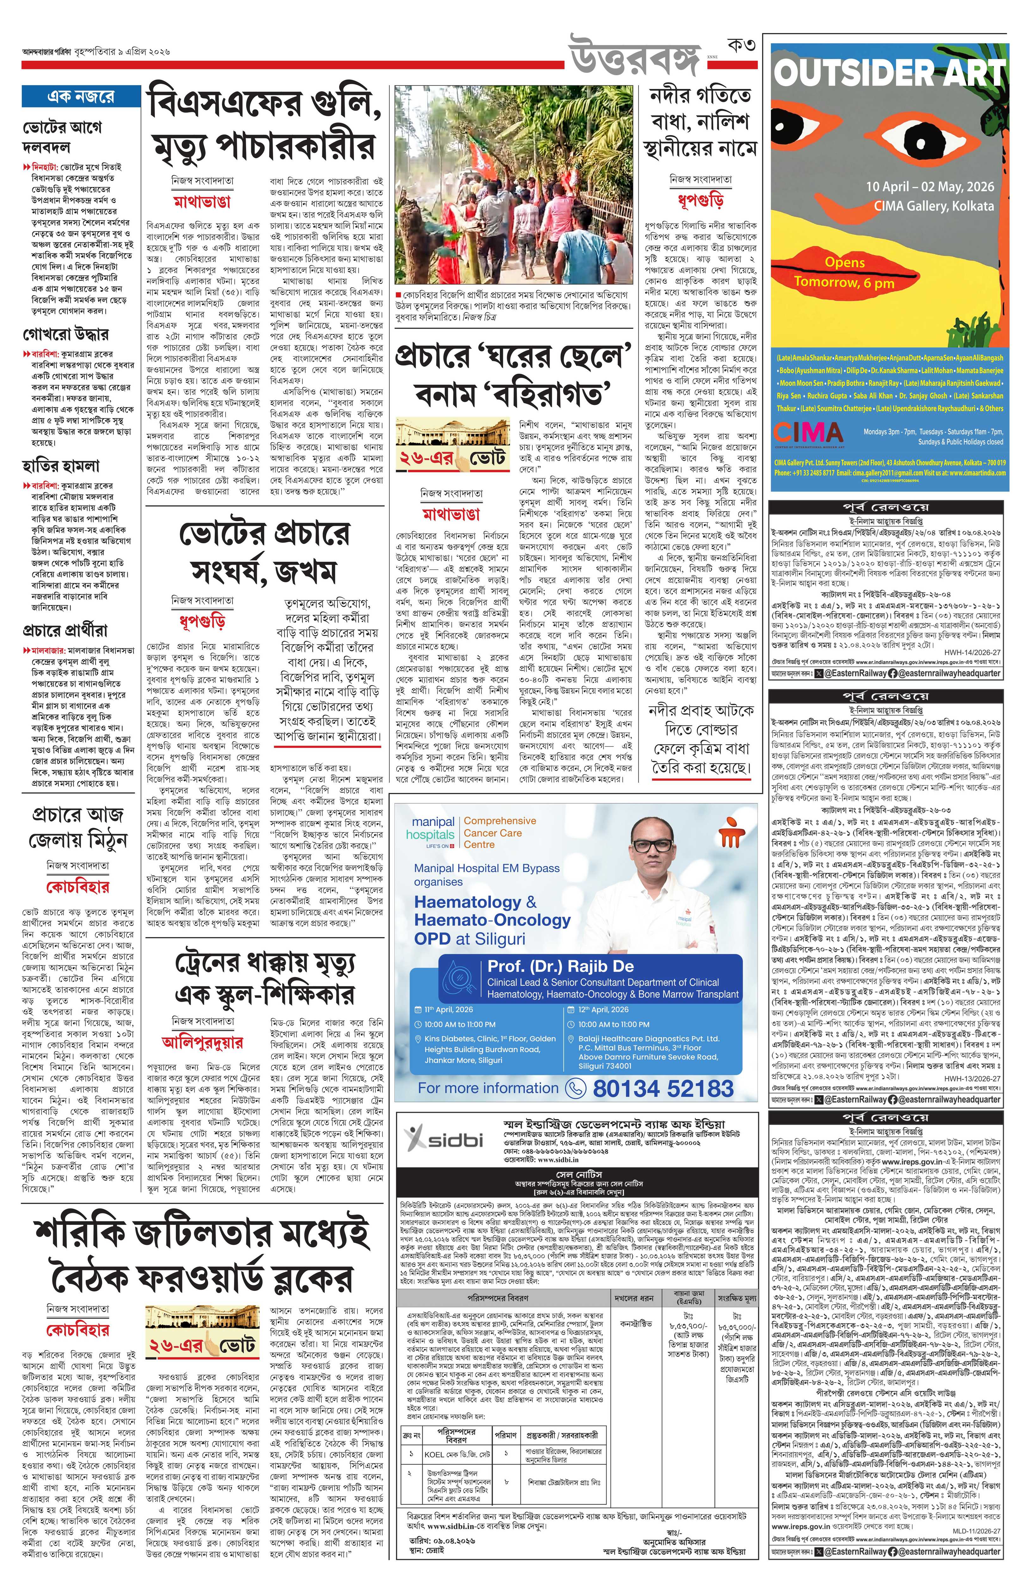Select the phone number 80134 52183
[x=663, y=1088]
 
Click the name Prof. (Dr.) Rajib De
[x=561, y=966]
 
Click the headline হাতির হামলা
[x=61, y=465]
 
